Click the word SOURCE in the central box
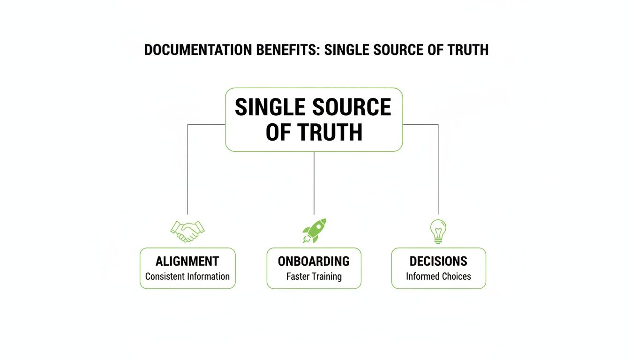(x=352, y=107)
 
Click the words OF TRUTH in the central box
(x=314, y=132)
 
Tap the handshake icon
(x=187, y=231)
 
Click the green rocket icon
(x=314, y=231)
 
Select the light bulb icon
(x=438, y=232)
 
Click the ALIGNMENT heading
(x=187, y=261)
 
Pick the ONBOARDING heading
(x=314, y=261)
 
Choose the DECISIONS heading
(x=438, y=261)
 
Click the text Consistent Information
(x=187, y=277)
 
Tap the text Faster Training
(x=314, y=277)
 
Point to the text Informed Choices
(x=438, y=277)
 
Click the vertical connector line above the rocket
(x=314, y=183)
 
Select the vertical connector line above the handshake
(x=187, y=169)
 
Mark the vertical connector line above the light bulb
(x=438, y=169)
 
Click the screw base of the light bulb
(x=438, y=240)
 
